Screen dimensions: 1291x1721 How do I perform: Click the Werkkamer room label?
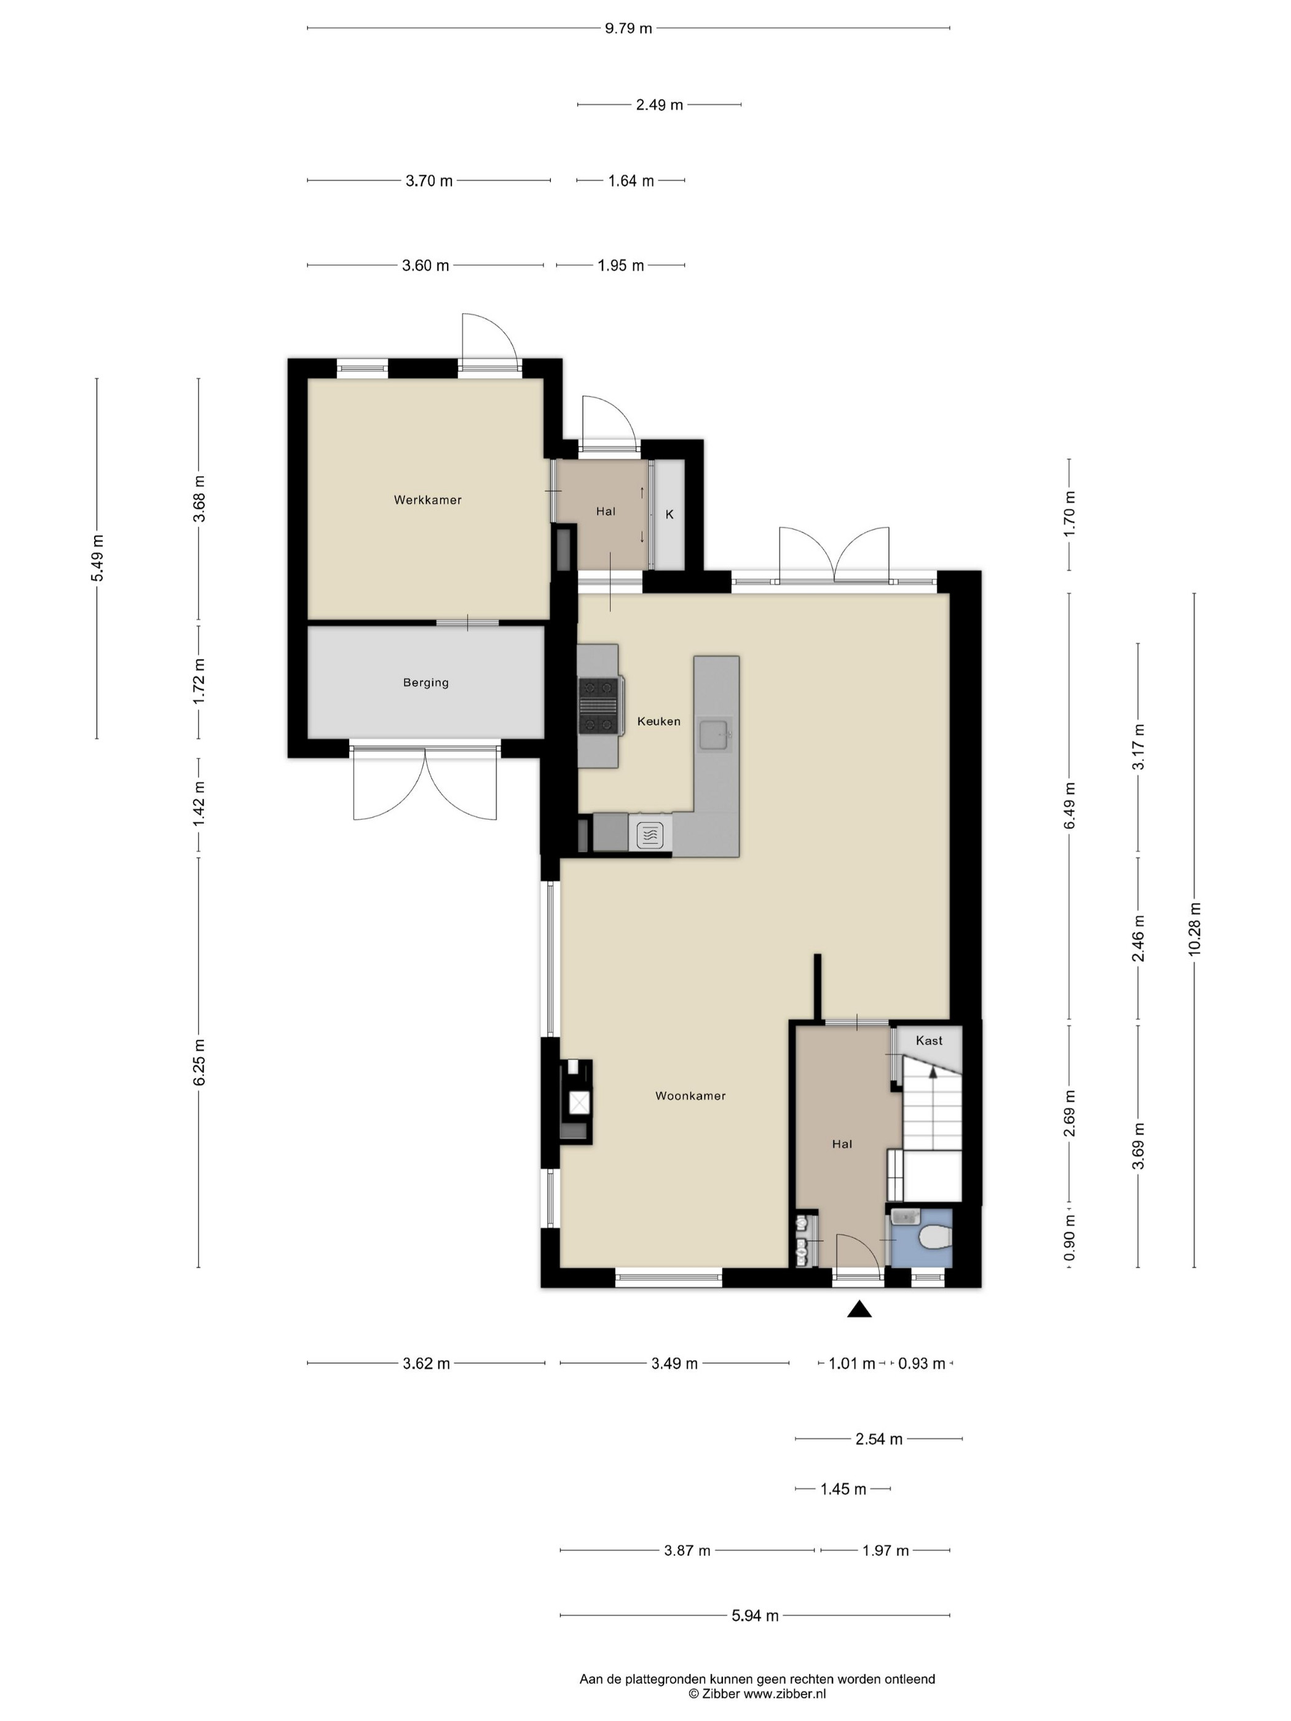[427, 500]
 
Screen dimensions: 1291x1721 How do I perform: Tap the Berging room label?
[425, 682]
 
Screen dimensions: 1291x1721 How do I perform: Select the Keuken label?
[658, 721]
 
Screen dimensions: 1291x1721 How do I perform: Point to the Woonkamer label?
[690, 1095]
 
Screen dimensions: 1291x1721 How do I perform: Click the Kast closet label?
[929, 1040]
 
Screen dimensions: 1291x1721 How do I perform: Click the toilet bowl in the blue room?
[934, 1237]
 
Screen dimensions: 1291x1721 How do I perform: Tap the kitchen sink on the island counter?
[714, 734]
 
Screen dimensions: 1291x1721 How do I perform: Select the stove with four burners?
[601, 706]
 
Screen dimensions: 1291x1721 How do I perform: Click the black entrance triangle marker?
[859, 1309]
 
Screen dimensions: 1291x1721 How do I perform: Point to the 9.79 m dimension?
[628, 29]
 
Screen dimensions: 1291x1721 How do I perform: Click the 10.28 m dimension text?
[1195, 929]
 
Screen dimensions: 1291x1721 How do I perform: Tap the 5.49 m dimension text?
[97, 558]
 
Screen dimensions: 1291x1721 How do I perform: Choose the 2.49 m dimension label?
[659, 105]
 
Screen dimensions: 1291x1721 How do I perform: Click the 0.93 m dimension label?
[922, 1364]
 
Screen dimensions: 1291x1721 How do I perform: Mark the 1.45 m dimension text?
[843, 1489]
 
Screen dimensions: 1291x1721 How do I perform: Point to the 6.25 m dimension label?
[199, 1062]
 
